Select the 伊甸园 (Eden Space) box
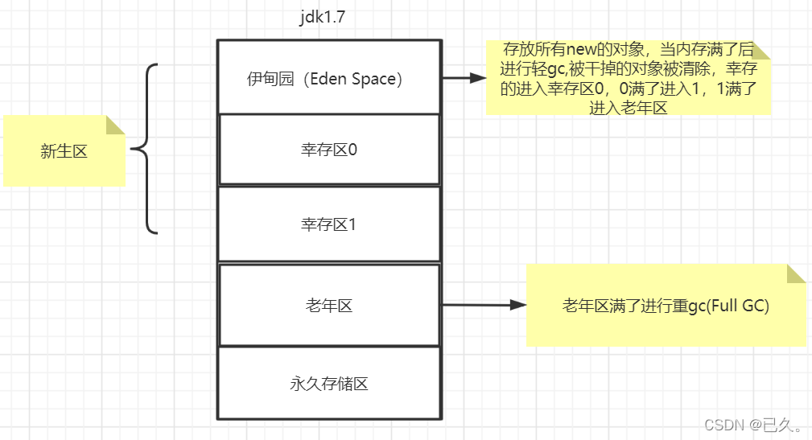coord(329,77)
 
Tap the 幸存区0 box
coord(329,150)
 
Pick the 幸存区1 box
coord(329,224)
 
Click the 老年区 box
coord(329,305)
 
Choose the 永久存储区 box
coord(329,384)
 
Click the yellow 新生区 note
coord(64,150)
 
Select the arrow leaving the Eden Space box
coord(463,78)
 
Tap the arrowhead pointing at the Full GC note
coord(519,305)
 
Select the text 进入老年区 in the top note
coord(628,108)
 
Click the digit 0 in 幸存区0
coord(352,150)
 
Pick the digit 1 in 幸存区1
coord(352,224)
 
